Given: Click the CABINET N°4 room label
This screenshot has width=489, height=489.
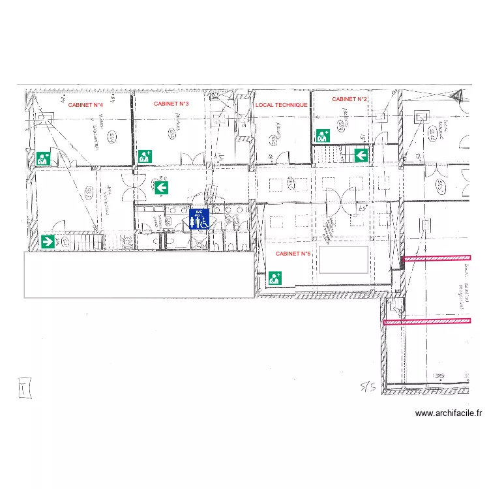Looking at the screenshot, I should [85, 104].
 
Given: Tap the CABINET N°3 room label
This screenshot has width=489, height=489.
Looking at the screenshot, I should [171, 104].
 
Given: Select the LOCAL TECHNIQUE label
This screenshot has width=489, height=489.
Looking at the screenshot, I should [281, 104].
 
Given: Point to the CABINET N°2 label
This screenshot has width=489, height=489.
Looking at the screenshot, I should [350, 99].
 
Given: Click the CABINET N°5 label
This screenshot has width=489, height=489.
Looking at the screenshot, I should [293, 254].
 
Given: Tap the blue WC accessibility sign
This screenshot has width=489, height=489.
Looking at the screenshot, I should [200, 219].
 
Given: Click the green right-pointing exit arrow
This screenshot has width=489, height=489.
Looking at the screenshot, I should [48, 242].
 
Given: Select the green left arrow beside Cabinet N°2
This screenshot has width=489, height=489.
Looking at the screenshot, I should [361, 155].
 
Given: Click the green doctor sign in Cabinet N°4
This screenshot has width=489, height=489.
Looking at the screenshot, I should [44, 158].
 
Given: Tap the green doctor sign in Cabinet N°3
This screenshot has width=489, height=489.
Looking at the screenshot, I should [145, 156].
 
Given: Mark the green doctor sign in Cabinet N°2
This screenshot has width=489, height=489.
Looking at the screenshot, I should [323, 136].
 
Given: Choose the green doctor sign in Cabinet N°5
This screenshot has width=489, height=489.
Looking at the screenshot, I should [275, 278].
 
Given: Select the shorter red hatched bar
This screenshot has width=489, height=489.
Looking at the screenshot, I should [436, 259].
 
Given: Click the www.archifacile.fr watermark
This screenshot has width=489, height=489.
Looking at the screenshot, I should [448, 413].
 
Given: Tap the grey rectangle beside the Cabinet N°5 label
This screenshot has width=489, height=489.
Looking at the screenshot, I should [344, 259].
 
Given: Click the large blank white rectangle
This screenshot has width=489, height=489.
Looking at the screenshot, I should [139, 274].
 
